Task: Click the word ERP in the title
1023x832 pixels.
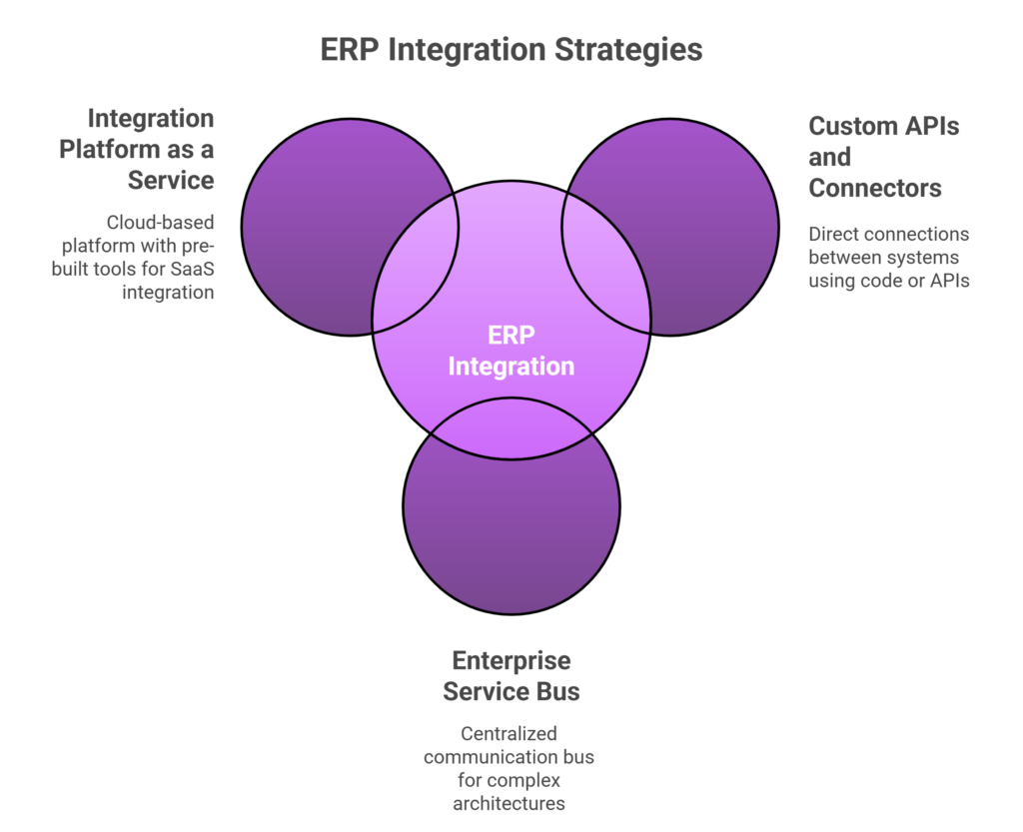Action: [x=350, y=50]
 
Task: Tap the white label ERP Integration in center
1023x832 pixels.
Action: [x=511, y=351]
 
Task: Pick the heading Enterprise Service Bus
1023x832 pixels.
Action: [x=511, y=674]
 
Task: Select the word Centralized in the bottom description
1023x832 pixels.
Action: [x=511, y=734]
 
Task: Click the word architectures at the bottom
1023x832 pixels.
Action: [x=511, y=804]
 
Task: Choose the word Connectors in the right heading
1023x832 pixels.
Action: [x=875, y=188]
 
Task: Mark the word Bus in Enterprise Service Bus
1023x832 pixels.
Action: [x=558, y=689]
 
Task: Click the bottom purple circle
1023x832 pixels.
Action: [x=511, y=539]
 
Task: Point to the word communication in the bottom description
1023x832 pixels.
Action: [x=493, y=757]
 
